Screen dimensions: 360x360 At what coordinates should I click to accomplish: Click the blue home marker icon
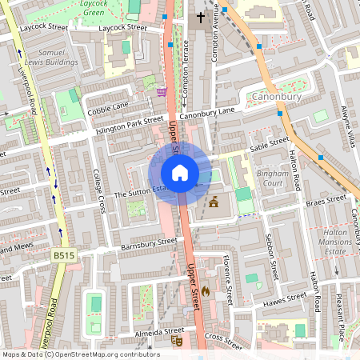180,172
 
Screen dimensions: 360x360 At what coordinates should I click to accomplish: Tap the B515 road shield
64,254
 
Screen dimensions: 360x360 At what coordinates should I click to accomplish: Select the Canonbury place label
276,98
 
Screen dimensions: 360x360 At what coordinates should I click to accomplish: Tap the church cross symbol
201,17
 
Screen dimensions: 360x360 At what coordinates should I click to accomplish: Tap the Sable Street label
268,145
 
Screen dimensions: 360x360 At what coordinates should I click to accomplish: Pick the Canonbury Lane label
208,114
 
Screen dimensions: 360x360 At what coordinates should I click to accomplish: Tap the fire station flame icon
206,292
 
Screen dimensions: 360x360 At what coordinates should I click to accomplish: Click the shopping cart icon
162,92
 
